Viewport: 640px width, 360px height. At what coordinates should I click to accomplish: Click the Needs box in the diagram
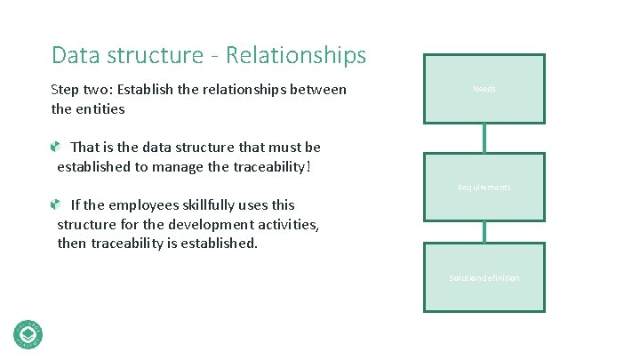[x=484, y=89]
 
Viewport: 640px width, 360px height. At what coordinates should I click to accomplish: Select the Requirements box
[x=484, y=187]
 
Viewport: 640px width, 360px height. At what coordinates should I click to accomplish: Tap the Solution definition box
[x=484, y=277]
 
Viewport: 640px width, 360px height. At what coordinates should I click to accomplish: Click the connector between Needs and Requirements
[x=484, y=138]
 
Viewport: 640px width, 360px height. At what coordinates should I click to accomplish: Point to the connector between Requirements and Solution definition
[x=484, y=232]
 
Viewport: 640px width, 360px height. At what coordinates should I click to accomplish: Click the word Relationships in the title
[x=296, y=55]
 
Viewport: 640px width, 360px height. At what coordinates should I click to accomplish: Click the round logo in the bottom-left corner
[x=28, y=333]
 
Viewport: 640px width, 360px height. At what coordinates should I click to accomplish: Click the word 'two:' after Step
[x=103, y=89]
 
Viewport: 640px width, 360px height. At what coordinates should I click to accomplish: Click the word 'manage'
[x=168, y=165]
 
